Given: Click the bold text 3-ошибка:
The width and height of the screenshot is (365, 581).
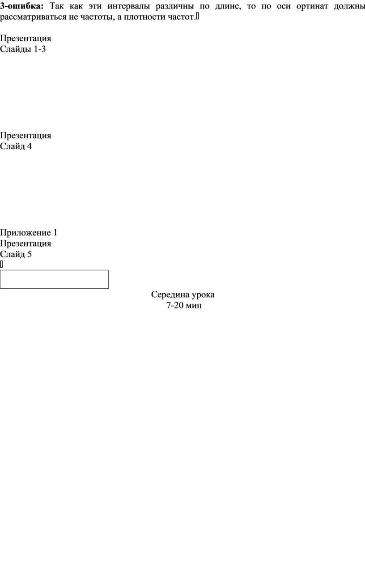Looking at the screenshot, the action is (x=22, y=6).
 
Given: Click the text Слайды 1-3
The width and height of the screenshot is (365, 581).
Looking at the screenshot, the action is (x=23, y=49).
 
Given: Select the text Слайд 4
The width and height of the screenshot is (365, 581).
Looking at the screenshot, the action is (x=16, y=146).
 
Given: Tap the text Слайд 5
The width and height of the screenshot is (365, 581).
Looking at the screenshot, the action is (x=16, y=254).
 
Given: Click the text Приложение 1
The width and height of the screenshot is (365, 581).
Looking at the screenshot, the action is (x=29, y=233).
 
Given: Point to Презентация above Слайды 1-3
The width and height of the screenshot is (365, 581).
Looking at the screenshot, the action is (x=25, y=38).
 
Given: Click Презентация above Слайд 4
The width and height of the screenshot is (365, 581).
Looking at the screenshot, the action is (x=25, y=136).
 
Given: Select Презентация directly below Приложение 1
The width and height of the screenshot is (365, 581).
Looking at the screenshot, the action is (x=25, y=244).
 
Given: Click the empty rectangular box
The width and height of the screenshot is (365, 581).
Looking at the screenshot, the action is (x=54, y=270).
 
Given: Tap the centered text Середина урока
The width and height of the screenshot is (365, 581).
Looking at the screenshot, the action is (x=183, y=295).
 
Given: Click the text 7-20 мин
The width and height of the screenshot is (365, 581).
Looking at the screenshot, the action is (x=184, y=305).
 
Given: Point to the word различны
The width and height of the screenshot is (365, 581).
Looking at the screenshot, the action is (x=175, y=6).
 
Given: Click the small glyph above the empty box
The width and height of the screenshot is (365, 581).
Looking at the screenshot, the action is (x=1, y=264).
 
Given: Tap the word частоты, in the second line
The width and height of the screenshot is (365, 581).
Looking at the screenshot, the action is (x=97, y=17).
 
